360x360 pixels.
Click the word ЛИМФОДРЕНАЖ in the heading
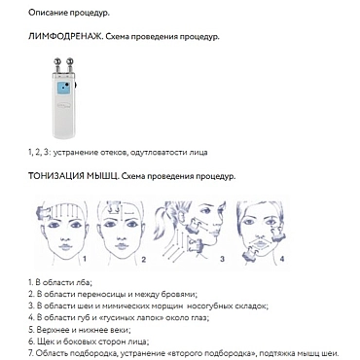coord(65,37)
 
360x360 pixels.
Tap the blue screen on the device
coord(64,89)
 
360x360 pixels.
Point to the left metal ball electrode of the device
coord(57,60)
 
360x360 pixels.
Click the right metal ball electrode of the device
coord(70,60)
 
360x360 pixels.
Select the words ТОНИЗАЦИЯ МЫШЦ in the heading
coord(74,176)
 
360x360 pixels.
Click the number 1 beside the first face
coord(85,259)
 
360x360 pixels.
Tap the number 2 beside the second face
coord(144,260)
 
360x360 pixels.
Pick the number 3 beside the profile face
coord(222,259)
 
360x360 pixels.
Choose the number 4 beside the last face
coord(282,259)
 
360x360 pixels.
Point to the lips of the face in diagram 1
coord(65,247)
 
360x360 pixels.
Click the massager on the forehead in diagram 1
coord(44,213)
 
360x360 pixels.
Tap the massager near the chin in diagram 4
coord(251,254)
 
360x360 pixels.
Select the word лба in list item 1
coord(84,282)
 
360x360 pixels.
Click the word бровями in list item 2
coord(180,295)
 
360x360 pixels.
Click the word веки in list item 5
coord(121,330)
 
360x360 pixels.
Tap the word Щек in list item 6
coord(44,342)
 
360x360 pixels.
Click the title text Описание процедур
coord(69,13)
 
